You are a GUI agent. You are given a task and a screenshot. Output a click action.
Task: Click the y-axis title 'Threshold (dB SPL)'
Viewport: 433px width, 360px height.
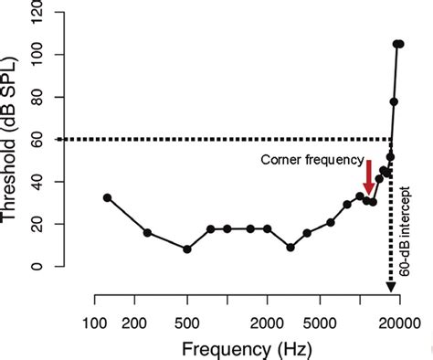tap(13, 137)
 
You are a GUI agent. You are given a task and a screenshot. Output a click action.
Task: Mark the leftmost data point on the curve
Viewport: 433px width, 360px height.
tap(108, 198)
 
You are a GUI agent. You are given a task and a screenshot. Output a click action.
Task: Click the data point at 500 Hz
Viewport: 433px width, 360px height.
tap(187, 249)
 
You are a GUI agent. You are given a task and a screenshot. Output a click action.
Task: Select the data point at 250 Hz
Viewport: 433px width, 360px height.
tap(148, 233)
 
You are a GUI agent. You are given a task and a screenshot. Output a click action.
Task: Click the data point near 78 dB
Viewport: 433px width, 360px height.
tap(394, 101)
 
